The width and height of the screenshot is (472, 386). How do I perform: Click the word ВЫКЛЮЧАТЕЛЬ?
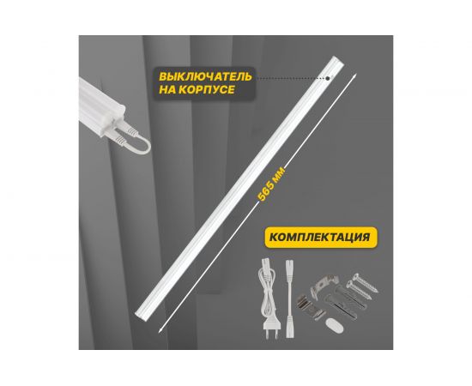click(x=205, y=76)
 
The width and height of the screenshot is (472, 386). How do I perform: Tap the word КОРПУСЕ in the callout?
click(x=206, y=90)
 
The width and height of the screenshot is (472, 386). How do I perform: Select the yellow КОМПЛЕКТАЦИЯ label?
click(x=320, y=237)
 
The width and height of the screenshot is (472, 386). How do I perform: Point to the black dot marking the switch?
click(x=328, y=79)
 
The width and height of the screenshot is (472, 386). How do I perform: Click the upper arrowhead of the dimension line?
click(x=355, y=75)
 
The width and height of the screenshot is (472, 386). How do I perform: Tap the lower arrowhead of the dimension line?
click(x=160, y=330)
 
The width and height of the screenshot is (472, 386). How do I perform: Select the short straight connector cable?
click(x=289, y=299)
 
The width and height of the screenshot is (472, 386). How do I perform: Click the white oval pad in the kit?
click(x=334, y=326)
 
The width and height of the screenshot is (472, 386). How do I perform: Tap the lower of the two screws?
click(x=358, y=290)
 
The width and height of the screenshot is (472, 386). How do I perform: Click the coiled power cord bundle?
click(x=266, y=289)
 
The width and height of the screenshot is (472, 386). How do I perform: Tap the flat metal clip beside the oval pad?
click(x=309, y=306)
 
